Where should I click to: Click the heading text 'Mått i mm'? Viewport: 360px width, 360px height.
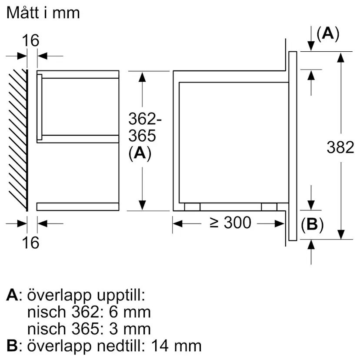[x=43, y=13]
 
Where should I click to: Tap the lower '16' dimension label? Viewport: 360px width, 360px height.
[x=31, y=242]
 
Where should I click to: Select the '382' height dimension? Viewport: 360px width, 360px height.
[x=340, y=147]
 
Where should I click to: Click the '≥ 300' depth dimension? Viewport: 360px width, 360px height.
[x=230, y=223]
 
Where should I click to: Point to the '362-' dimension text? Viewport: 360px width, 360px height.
[x=142, y=119]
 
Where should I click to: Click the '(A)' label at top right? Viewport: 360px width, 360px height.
[x=327, y=34]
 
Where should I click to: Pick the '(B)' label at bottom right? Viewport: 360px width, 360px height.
[x=312, y=224]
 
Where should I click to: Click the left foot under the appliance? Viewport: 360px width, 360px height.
[x=192, y=207]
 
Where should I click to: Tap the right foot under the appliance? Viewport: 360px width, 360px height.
[x=269, y=207]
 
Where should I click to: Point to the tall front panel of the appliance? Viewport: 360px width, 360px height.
[x=293, y=146]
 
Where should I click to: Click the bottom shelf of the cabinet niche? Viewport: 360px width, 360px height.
[x=78, y=207]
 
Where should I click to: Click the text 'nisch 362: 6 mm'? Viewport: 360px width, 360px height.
[x=89, y=312]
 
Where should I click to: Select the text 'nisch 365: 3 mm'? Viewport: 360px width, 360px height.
[x=89, y=329]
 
